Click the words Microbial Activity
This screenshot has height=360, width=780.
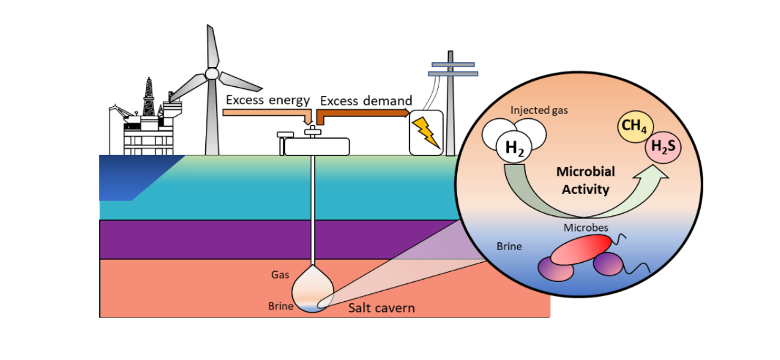586,181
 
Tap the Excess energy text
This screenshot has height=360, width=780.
268,100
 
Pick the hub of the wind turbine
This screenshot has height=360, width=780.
211,73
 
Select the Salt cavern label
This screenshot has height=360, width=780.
382,308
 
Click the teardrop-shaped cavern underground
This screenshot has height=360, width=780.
312,288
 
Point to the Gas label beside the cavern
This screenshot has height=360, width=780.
280,275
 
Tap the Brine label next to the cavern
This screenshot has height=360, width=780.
280,306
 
